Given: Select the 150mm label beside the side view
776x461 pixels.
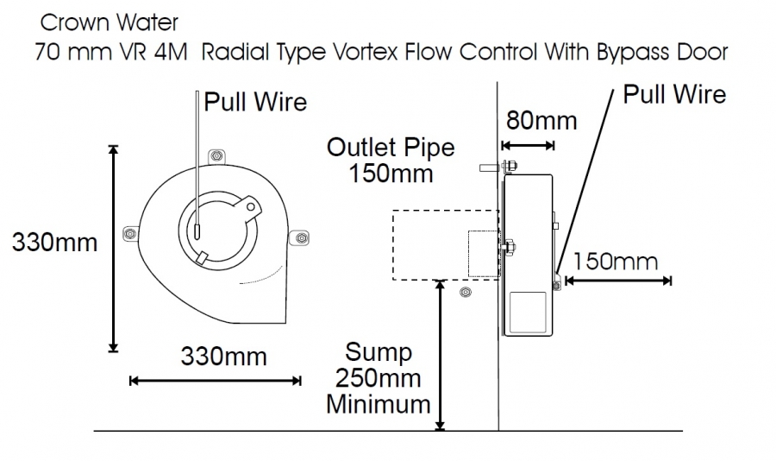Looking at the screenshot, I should pyautogui.click(x=615, y=261).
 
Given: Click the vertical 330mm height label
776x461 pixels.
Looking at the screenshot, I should pyautogui.click(x=54, y=242).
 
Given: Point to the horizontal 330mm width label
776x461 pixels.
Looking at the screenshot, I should pyautogui.click(x=223, y=356).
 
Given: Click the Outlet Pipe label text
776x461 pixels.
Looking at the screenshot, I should pyautogui.click(x=391, y=147).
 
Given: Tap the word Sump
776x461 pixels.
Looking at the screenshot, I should pyautogui.click(x=379, y=352).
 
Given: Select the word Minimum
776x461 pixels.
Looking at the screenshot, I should pyautogui.click(x=378, y=403).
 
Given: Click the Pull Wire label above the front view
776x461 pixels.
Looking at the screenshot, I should pyautogui.click(x=255, y=102).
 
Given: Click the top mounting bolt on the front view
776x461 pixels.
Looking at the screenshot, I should pyautogui.click(x=216, y=155).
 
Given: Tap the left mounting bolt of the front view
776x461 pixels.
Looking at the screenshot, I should pyautogui.click(x=130, y=233).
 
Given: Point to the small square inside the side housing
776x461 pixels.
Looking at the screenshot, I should pyautogui.click(x=528, y=313).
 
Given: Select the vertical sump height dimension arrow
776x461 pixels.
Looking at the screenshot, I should pyautogui.click(x=441, y=354).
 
